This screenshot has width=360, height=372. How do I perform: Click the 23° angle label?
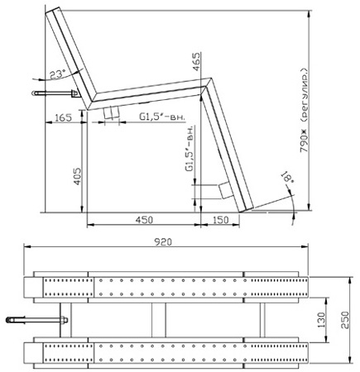tap(55, 74)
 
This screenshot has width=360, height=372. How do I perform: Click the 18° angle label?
tap(286, 177)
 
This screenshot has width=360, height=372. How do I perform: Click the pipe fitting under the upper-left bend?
tap(112, 111)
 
